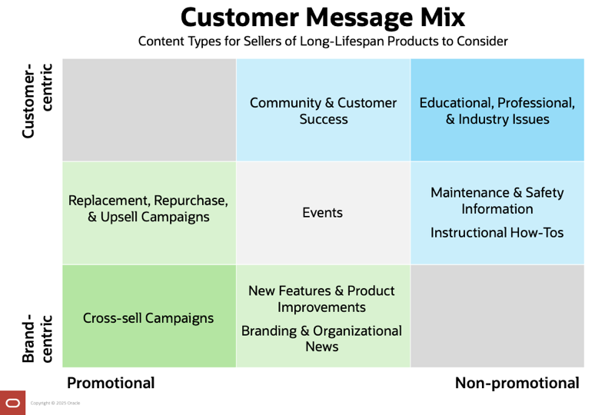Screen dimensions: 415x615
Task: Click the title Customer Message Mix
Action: pos(322,17)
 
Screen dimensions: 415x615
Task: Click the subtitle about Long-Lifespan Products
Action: pos(322,41)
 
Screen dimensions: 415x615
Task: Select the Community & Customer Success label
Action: pos(323,111)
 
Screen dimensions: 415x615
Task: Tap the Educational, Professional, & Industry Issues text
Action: pos(497,111)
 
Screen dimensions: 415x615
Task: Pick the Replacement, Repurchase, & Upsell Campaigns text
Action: pos(148,208)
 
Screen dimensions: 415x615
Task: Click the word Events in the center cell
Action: pos(323,213)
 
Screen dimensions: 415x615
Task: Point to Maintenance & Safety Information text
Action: pos(497,201)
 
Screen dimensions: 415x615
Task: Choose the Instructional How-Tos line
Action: pos(497,231)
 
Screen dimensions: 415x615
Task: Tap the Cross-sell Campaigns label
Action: pos(148,317)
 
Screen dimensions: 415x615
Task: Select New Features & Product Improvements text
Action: pos(321,299)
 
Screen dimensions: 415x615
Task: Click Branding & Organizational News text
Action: pos(321,338)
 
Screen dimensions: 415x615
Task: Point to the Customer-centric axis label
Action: pos(37,100)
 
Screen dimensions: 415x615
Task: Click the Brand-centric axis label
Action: pos(37,337)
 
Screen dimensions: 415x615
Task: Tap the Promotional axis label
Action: pos(111,383)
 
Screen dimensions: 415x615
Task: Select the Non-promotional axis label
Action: pos(517,383)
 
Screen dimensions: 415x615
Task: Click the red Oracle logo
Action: pos(12,403)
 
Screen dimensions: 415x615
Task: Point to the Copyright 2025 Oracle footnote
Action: pos(55,403)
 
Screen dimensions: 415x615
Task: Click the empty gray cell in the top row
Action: pos(148,110)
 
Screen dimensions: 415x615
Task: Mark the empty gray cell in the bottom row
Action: pos(497,316)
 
